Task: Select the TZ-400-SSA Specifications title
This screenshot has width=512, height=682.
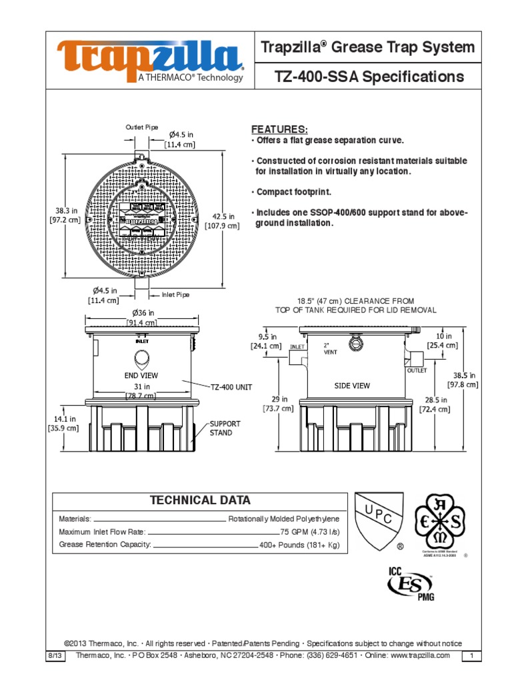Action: tap(369, 77)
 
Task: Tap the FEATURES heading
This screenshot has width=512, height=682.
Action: tap(279, 129)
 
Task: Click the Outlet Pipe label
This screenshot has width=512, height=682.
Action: tap(142, 127)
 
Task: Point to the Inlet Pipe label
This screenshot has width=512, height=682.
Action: tap(176, 294)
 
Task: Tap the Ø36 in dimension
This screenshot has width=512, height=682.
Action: tap(143, 312)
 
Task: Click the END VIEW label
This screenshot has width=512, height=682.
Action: tap(141, 376)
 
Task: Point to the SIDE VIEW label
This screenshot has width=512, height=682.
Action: tap(352, 386)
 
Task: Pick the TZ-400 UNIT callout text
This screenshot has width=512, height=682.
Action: tap(231, 386)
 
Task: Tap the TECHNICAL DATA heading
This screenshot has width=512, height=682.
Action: tap(200, 501)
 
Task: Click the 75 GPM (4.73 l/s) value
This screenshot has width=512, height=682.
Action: tap(309, 531)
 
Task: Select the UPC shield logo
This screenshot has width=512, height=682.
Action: tap(379, 521)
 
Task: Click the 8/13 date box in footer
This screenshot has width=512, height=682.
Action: tap(54, 655)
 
